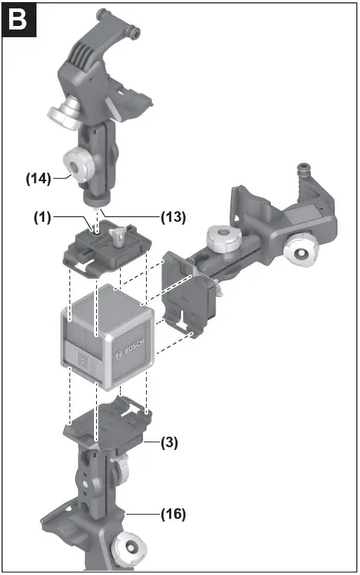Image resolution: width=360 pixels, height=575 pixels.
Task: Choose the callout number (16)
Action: (x=172, y=515)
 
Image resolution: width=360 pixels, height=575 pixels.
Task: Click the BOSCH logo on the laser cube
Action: (x=133, y=348)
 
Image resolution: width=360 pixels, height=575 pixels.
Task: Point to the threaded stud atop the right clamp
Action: (x=305, y=171)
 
